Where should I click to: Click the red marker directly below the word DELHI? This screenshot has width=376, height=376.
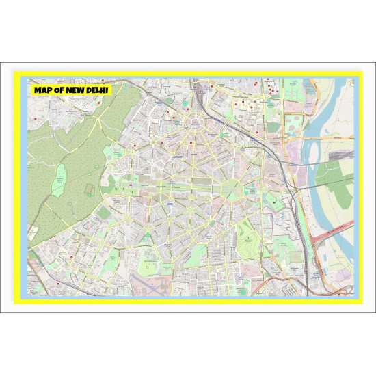[x=100, y=103]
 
